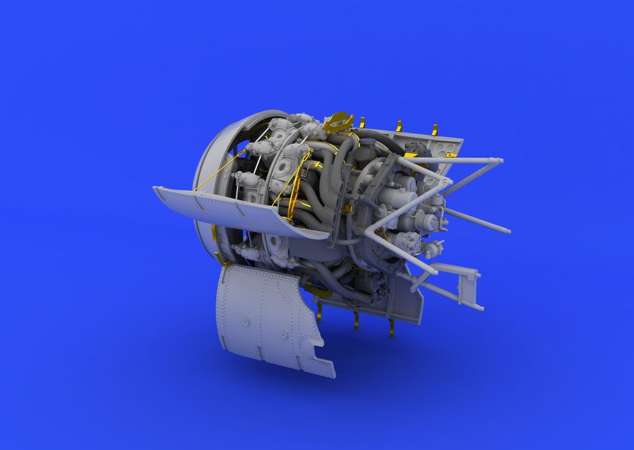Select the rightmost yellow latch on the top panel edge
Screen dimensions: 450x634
pos(434,130)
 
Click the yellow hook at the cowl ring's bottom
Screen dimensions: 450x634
pos(219,260)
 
